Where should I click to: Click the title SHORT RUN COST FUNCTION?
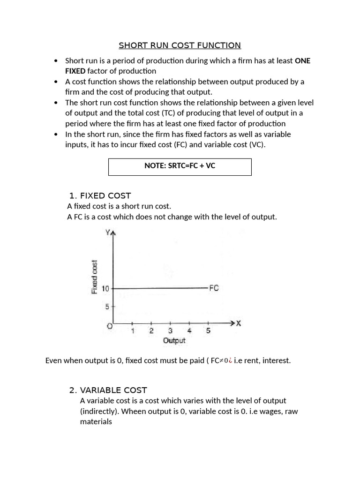pos(180,45)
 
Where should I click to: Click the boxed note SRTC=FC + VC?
pos(180,166)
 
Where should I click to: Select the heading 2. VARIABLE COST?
pos(113,390)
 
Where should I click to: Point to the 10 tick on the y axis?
pos(105,289)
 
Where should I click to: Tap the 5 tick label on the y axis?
pos(106,307)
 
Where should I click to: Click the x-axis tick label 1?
pos(132,331)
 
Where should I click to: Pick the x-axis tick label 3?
pos(170,331)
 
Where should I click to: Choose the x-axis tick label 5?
pos(208,331)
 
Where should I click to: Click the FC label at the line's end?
pos(214,288)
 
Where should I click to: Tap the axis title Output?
pos(174,341)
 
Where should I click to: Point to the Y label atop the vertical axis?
pos(108,232)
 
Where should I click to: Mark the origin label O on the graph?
pos(109,326)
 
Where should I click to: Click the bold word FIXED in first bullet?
pos(75,71)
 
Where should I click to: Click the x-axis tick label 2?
pos(151,331)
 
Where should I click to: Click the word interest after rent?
pos(277,360)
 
